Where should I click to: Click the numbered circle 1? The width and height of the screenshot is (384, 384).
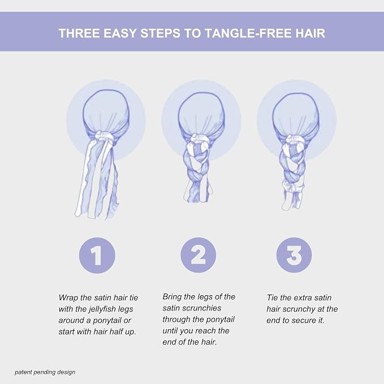point(97,255)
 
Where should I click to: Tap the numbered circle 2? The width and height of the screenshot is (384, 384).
point(199,255)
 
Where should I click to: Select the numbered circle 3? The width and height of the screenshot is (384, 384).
point(294,255)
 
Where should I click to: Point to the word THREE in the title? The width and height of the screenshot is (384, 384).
point(79,33)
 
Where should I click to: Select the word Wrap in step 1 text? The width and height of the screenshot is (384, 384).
point(68,298)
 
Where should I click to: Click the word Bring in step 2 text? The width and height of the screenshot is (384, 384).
point(172,297)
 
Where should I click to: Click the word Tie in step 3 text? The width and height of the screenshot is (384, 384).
point(272,298)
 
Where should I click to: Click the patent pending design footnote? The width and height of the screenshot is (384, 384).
point(45,373)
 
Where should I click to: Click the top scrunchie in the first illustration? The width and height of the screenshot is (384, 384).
point(105,136)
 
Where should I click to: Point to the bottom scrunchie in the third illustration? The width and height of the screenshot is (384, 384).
point(293,187)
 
